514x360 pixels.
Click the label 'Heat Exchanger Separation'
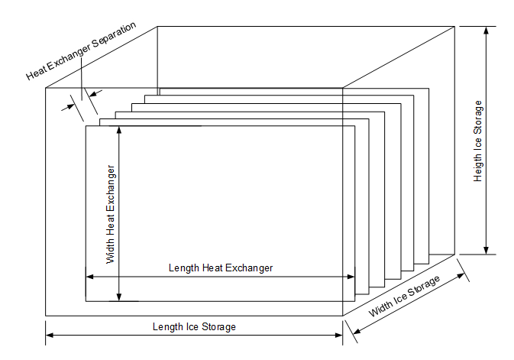81,50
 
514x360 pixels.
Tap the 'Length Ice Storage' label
194,327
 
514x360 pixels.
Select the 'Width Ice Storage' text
404,297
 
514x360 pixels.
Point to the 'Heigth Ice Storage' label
478,141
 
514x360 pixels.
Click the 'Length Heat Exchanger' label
221,268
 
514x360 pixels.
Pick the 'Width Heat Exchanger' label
111,214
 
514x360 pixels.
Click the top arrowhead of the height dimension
487,31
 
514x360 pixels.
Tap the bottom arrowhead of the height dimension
487,250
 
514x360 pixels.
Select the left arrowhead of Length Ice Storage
50,335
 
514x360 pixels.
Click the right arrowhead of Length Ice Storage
338,335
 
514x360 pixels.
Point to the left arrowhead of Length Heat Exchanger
90,277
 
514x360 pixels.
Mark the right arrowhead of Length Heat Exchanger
351,277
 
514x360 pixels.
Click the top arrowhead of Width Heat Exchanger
119,130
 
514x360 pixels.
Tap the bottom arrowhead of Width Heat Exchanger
119,297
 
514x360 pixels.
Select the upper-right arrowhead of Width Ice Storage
461,276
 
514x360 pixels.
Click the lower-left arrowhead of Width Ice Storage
357,331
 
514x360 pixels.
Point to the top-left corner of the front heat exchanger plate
86,126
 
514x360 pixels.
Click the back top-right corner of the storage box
454,26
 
